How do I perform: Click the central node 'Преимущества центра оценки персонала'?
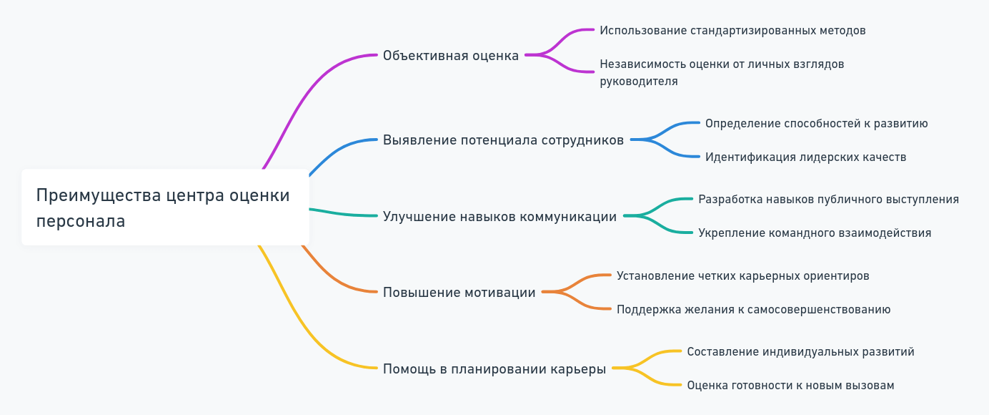pyautogui.click(x=165, y=207)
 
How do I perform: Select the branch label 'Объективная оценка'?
pyautogui.click(x=451, y=56)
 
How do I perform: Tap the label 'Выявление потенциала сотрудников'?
pyautogui.click(x=503, y=140)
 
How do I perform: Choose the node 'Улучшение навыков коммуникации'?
pyautogui.click(x=500, y=216)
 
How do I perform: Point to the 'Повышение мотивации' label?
pyautogui.click(x=459, y=293)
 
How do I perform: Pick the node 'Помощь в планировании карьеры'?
pyautogui.click(x=494, y=369)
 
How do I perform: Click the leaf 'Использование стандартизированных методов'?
pyautogui.click(x=732, y=31)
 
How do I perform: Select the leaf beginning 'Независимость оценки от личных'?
pyautogui.click(x=722, y=64)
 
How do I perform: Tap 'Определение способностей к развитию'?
pyautogui.click(x=816, y=123)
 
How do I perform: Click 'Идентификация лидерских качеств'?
pyautogui.click(x=805, y=157)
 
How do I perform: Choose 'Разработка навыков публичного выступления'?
pyautogui.click(x=828, y=200)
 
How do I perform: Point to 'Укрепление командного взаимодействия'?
pyautogui.click(x=815, y=233)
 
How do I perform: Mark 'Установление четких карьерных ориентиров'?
pyautogui.click(x=742, y=276)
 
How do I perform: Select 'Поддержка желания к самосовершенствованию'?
pyautogui.click(x=753, y=310)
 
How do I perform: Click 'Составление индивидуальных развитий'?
pyautogui.click(x=800, y=352)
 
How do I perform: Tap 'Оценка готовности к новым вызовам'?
pyautogui.click(x=790, y=386)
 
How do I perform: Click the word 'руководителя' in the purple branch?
pyautogui.click(x=639, y=82)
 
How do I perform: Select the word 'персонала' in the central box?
pyautogui.click(x=81, y=221)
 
